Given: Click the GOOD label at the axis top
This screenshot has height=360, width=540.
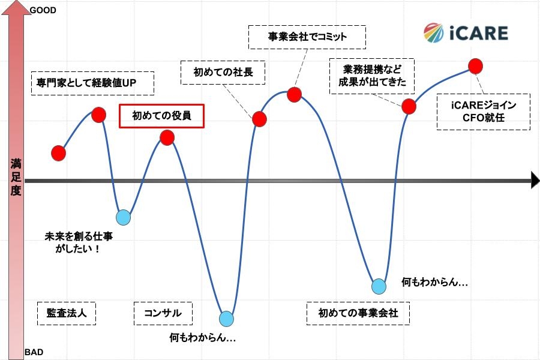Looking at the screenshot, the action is pyautogui.click(x=43, y=10).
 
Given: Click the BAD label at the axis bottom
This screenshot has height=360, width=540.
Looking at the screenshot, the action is pyautogui.click(x=34, y=352).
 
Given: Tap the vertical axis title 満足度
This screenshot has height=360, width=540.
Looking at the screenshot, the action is pyautogui.click(x=16, y=177).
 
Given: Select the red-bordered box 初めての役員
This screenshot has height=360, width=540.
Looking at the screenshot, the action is pyautogui.click(x=161, y=116).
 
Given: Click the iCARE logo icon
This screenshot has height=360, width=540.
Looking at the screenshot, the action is pyautogui.click(x=434, y=33).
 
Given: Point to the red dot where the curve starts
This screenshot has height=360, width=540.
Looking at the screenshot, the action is pyautogui.click(x=59, y=153).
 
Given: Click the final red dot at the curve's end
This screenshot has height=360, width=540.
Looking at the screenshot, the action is pyautogui.click(x=476, y=66).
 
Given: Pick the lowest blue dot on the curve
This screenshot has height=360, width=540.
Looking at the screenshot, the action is pyautogui.click(x=226, y=319).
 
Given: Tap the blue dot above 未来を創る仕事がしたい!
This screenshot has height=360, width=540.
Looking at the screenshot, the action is pyautogui.click(x=123, y=217).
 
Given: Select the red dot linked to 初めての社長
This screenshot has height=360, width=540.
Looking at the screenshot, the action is pyautogui.click(x=259, y=119).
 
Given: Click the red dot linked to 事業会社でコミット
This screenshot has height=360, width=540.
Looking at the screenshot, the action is pyautogui.click(x=295, y=95).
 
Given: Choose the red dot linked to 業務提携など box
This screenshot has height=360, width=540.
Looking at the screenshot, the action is pyautogui.click(x=409, y=106).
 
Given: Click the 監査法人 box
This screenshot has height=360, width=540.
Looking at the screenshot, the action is pyautogui.click(x=67, y=313).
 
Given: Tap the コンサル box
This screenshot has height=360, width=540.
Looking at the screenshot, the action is pyautogui.click(x=163, y=313).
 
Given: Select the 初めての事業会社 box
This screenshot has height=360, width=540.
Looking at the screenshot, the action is pyautogui.click(x=358, y=313).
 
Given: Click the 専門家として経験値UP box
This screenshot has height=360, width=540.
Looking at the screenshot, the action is pyautogui.click(x=92, y=83).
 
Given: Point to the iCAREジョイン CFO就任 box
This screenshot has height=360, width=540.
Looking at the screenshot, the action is pyautogui.click(x=484, y=112).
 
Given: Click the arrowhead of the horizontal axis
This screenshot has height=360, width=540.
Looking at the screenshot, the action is pyautogui.click(x=535, y=181).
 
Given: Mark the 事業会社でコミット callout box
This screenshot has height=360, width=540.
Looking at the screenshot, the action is pyautogui.click(x=307, y=37).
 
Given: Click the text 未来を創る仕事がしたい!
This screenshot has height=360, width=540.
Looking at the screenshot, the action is pyautogui.click(x=79, y=242).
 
